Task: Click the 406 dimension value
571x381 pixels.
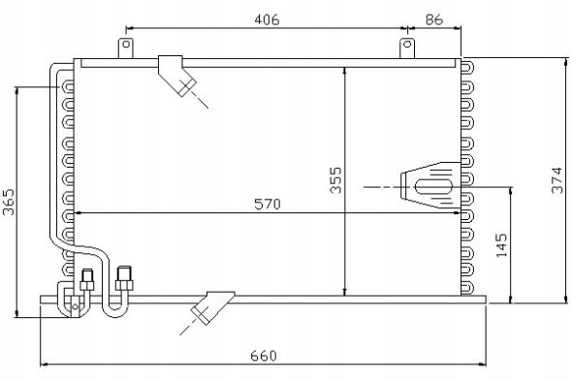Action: click(x=267, y=19)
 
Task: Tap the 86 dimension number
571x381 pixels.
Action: click(x=433, y=19)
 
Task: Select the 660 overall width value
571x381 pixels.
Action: click(x=264, y=356)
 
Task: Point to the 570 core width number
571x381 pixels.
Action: click(x=268, y=204)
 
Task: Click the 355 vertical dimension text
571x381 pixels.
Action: click(x=335, y=180)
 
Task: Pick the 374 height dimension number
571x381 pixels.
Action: click(x=557, y=180)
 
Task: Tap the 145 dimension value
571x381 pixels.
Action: click(x=501, y=245)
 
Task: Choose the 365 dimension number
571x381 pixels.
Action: click(x=9, y=202)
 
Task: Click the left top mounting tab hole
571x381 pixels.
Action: click(x=126, y=45)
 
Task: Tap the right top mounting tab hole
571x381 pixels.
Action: click(x=407, y=45)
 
